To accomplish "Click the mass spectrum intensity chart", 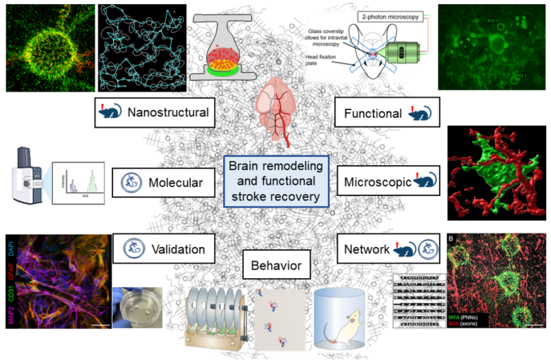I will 79,184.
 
